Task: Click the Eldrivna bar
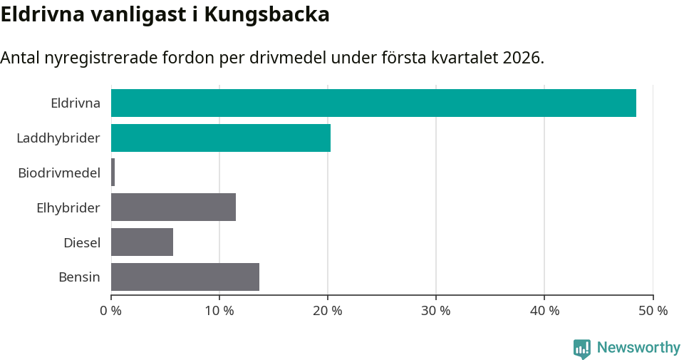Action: [373, 103]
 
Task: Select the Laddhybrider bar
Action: [221, 138]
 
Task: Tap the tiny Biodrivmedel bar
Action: [113, 173]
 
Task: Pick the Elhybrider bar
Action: [173, 207]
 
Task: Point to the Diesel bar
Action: [142, 242]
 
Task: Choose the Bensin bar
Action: [185, 277]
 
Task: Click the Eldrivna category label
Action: [75, 103]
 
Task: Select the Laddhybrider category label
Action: [58, 138]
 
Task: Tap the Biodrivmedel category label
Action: [58, 173]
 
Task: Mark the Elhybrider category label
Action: [68, 207]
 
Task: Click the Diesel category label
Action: [81, 242]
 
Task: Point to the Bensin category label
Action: [79, 277]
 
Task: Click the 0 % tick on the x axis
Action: [111, 311]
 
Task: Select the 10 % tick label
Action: [219, 311]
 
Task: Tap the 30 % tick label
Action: [436, 311]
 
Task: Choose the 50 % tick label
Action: [653, 311]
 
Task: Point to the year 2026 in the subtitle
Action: [522, 58]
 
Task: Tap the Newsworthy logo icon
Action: [582, 348]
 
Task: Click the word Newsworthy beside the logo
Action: [638, 348]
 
